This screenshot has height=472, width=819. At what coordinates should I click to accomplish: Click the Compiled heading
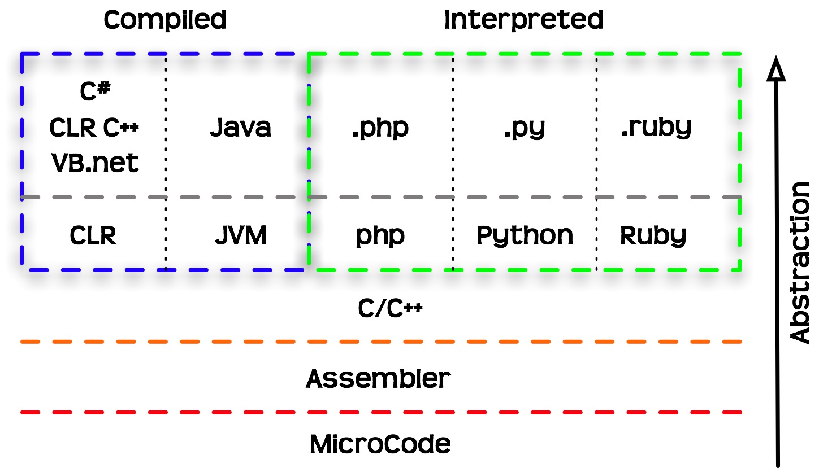165,20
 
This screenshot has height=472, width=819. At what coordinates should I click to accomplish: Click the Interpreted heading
523,20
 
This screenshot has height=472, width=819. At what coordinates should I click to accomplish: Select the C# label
94,93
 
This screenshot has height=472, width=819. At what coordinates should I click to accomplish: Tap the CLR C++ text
94,128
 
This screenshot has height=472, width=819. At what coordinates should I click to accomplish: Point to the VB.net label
95,163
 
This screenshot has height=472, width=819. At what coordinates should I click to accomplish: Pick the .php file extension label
380,129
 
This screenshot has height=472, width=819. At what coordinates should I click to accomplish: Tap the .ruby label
656,128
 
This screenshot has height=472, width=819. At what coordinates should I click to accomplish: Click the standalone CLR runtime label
93,235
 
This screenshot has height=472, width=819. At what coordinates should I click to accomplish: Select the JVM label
241,235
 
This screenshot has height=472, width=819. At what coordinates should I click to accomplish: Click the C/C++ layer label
391,309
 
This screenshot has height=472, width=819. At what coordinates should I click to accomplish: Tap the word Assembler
379,378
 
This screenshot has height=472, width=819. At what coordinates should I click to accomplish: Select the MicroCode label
380,444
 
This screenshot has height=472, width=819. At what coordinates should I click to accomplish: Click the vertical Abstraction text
799,263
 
